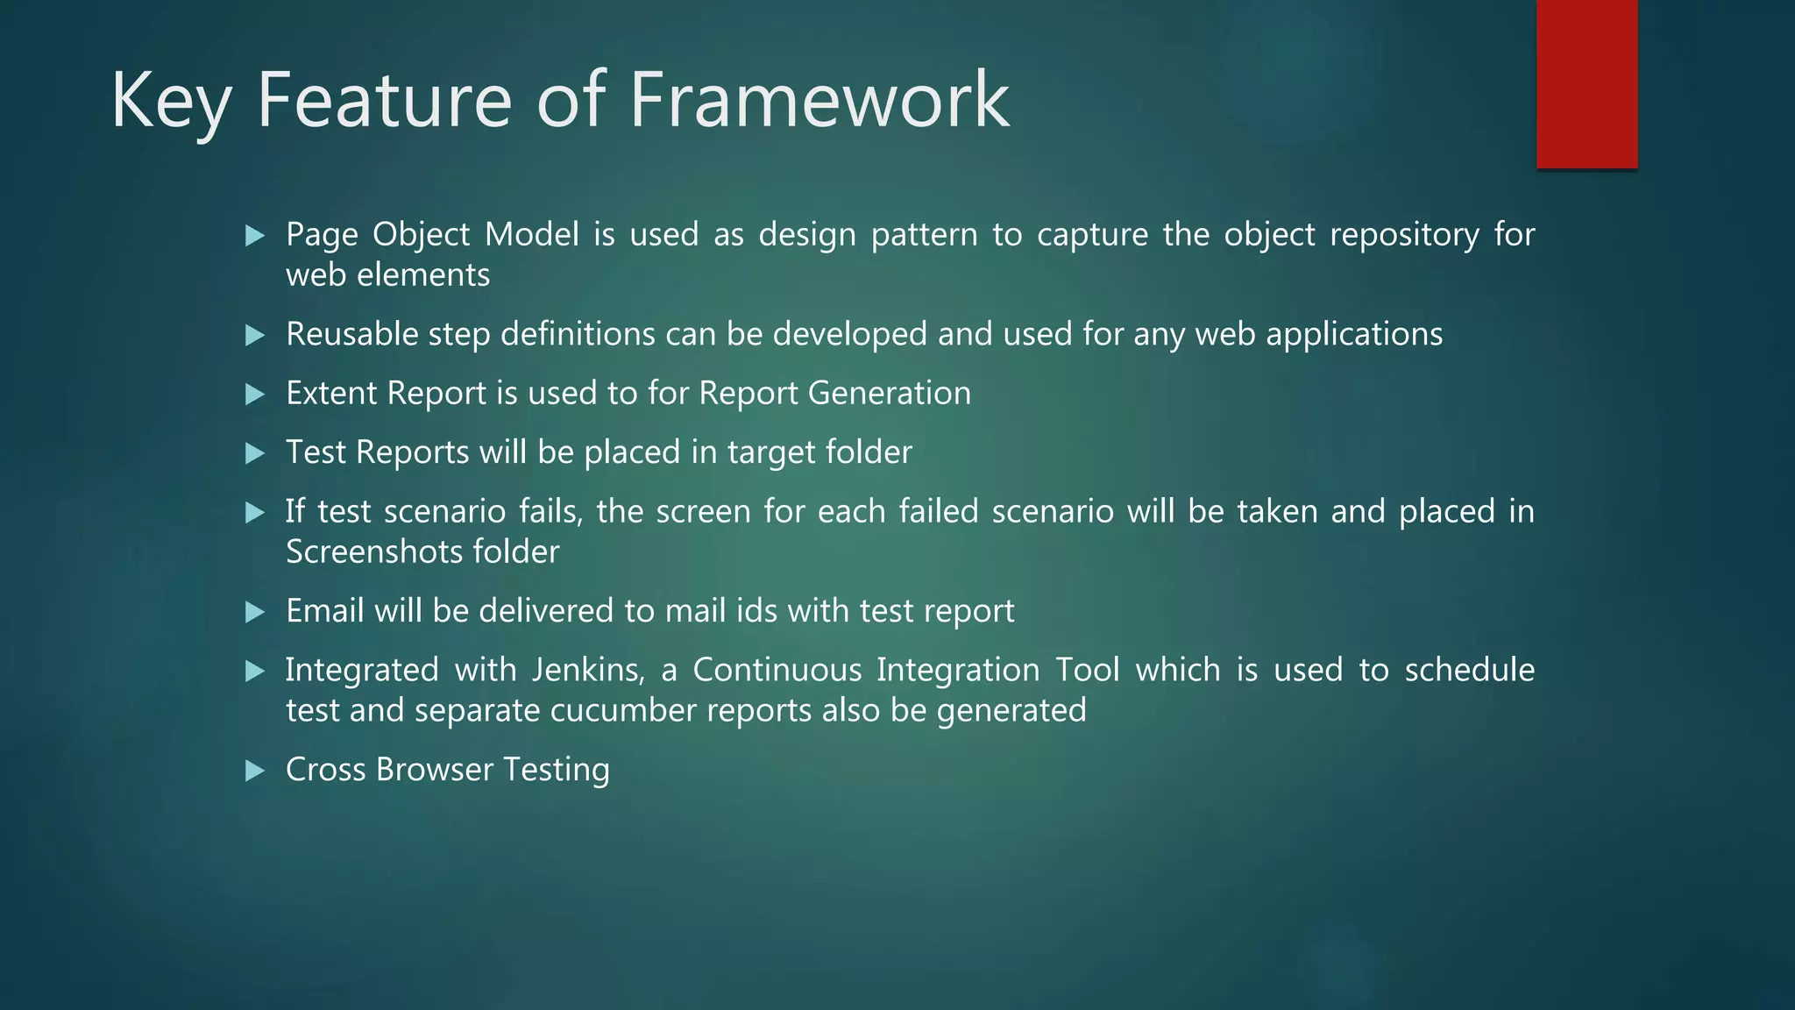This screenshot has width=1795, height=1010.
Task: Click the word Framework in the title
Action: (819, 100)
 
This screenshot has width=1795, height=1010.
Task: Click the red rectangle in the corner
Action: (1586, 83)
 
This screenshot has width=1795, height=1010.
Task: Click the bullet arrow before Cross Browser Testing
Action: (255, 771)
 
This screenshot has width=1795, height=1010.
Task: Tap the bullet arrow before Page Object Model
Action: (255, 235)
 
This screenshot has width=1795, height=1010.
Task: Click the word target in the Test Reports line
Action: (773, 453)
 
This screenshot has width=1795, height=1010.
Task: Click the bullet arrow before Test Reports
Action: (255, 453)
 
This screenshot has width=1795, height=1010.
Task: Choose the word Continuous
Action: (777, 670)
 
